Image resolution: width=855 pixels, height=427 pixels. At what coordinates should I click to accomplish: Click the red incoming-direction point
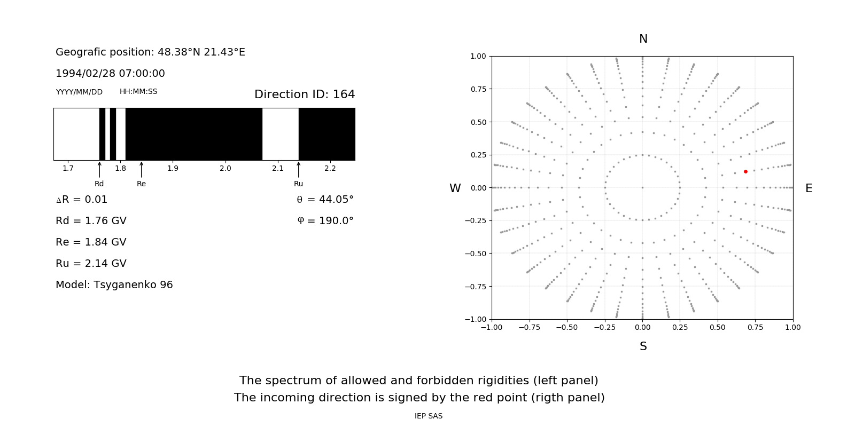pyautogui.click(x=745, y=171)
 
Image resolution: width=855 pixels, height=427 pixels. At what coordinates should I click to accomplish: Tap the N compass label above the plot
pyautogui.click(x=643, y=39)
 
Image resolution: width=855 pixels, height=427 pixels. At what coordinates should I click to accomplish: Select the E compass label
pyautogui.click(x=809, y=188)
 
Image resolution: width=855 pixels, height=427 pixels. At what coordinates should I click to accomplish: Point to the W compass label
pyautogui.click(x=455, y=188)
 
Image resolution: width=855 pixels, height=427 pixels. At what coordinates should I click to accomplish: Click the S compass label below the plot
pyautogui.click(x=643, y=346)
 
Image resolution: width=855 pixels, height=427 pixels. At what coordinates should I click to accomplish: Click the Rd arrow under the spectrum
pyautogui.click(x=99, y=170)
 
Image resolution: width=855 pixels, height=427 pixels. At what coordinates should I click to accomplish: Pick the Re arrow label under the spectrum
pyautogui.click(x=141, y=184)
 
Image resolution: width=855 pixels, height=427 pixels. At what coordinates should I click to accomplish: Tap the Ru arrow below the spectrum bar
pyautogui.click(x=298, y=170)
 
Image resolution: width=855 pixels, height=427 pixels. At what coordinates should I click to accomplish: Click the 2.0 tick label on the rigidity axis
pyautogui.click(x=225, y=168)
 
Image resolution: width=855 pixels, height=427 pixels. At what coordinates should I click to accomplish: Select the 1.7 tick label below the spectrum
pyautogui.click(x=68, y=168)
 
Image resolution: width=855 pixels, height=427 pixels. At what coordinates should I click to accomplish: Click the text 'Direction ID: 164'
pyautogui.click(x=305, y=94)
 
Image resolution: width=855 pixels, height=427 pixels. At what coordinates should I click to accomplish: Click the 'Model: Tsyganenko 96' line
pyautogui.click(x=114, y=285)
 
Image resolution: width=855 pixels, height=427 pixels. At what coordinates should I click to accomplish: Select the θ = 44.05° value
pyautogui.click(x=325, y=200)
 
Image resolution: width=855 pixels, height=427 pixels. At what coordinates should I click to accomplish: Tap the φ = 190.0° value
pyautogui.click(x=325, y=221)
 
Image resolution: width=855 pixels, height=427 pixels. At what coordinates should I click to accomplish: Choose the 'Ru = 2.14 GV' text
pyautogui.click(x=91, y=264)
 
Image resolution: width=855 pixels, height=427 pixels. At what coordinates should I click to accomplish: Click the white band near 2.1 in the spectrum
pyautogui.click(x=280, y=134)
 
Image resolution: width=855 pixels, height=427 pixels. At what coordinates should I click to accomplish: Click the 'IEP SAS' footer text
pyautogui.click(x=428, y=416)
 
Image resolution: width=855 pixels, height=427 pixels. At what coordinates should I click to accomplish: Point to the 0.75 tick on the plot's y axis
pyautogui.click(x=478, y=89)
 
